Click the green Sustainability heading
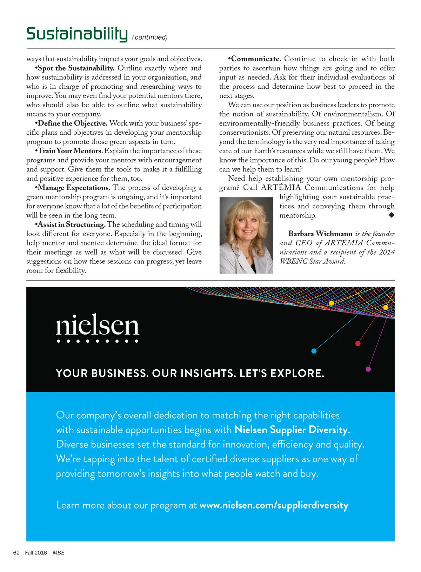(77, 34)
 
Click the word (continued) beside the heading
(150, 37)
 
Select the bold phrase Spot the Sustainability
(76, 68)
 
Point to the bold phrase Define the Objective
(72, 123)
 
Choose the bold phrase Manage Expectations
(74, 188)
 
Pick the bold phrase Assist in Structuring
(71, 224)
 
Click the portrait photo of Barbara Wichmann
(246, 235)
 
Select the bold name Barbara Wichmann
(320, 234)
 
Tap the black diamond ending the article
(392, 215)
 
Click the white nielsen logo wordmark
(98, 326)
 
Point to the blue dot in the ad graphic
(314, 351)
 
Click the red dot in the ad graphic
(358, 343)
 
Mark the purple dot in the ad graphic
(368, 369)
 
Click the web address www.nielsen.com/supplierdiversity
(274, 505)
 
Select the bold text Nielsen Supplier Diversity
(291, 430)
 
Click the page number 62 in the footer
(16, 553)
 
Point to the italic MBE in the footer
(59, 553)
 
